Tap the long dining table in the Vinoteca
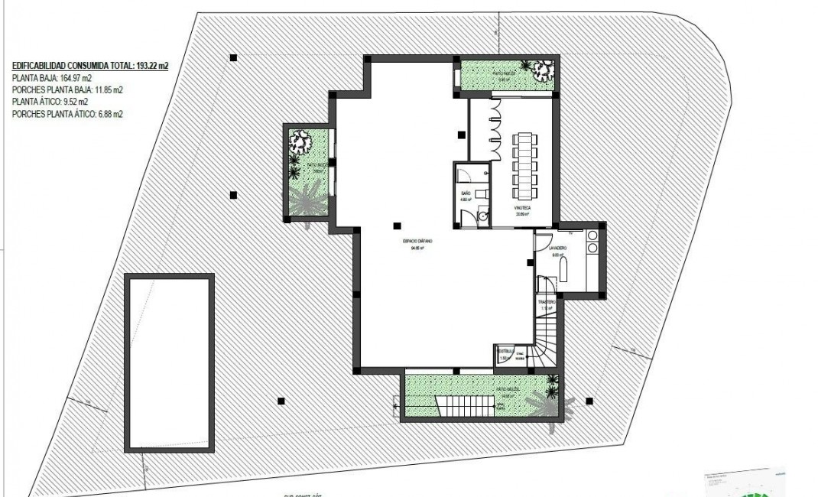[524, 164]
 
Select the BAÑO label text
[466, 194]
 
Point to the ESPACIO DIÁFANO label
[418, 241]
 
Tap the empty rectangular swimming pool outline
[169, 363]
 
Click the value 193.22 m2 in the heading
[152, 67]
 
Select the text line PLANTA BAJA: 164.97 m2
[52, 78]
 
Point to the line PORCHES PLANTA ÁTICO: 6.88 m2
[68, 113]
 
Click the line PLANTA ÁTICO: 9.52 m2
[50, 102]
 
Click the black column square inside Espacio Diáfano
[396, 225]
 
